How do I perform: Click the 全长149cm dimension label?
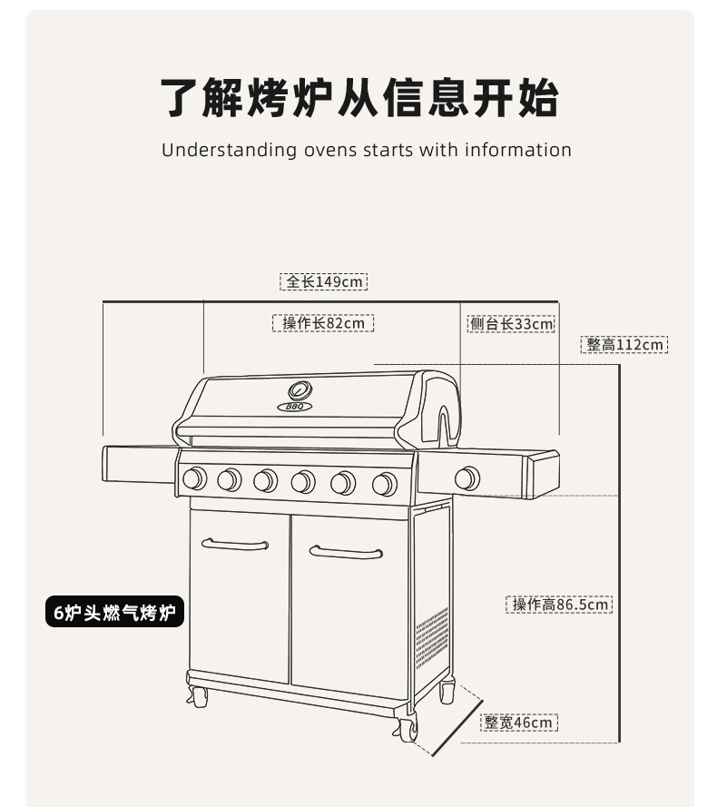[x=323, y=281]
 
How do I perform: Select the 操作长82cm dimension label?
[x=323, y=323]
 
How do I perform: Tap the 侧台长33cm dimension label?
[x=511, y=324]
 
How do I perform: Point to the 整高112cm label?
[x=624, y=345]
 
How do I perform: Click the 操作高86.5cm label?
[x=559, y=605]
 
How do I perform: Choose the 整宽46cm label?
[x=518, y=723]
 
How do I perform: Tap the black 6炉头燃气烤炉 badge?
[x=114, y=613]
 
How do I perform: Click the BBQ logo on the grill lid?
[x=295, y=407]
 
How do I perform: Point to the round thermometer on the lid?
[x=300, y=391]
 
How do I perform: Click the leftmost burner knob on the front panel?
[x=193, y=478]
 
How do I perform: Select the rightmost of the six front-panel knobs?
[x=384, y=484]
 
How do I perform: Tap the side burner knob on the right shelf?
[x=467, y=478]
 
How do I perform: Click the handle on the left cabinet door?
[x=235, y=545]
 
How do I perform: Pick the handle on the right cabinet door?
[x=346, y=552]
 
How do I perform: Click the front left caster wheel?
[x=198, y=697]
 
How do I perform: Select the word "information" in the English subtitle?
[x=518, y=150]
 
